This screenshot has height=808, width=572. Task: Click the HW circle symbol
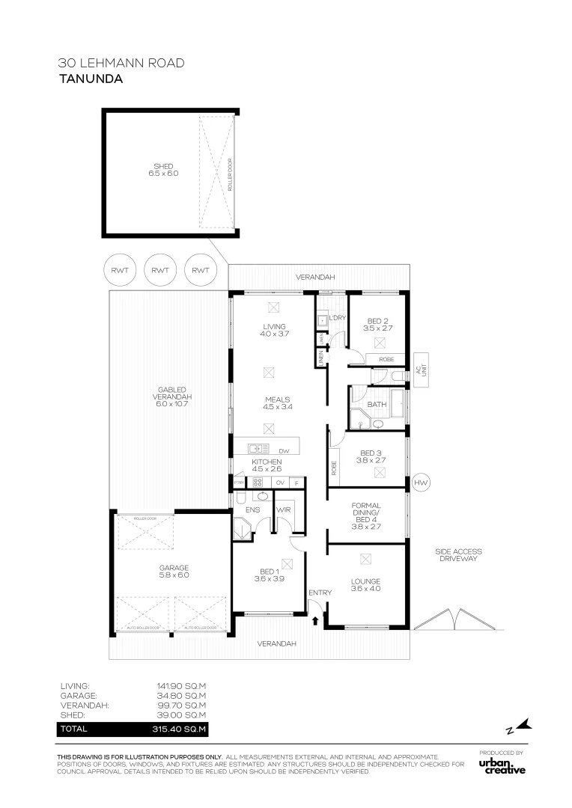(x=420, y=483)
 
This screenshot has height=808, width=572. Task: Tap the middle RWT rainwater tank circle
(x=159, y=270)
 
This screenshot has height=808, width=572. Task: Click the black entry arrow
(x=315, y=619)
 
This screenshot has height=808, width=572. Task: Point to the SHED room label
(x=163, y=170)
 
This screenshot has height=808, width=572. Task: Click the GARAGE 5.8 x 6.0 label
(x=173, y=571)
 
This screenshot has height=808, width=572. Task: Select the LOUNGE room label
(x=366, y=585)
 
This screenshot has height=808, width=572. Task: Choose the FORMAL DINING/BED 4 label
(x=366, y=515)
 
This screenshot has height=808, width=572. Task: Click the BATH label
(x=377, y=404)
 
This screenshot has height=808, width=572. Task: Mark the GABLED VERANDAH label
(x=168, y=397)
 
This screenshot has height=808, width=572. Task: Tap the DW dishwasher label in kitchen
(x=284, y=450)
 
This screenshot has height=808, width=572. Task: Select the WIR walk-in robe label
(x=283, y=510)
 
